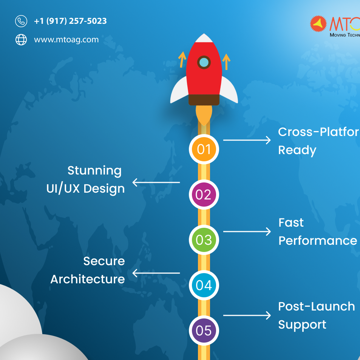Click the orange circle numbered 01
point(204,149)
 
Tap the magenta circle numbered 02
point(204,195)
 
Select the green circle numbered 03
point(204,240)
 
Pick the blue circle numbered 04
point(204,285)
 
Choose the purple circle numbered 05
point(204,331)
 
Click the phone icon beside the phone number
point(21,21)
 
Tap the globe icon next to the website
point(21,39)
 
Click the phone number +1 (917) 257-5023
point(70,21)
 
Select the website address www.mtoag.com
point(66,39)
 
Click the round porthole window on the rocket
point(204,62)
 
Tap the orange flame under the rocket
point(204,115)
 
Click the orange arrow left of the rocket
point(182,60)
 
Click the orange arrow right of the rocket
point(226,62)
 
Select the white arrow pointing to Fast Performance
point(247,231)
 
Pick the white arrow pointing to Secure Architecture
point(156,273)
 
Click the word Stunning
point(94,171)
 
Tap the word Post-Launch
point(316,306)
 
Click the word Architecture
point(87,279)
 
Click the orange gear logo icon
point(318,24)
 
